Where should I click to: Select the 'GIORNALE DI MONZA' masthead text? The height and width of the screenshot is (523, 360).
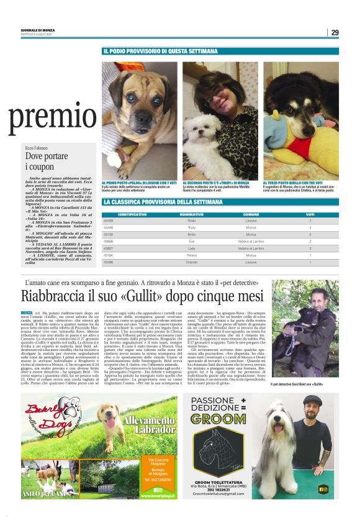tap(37, 29)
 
